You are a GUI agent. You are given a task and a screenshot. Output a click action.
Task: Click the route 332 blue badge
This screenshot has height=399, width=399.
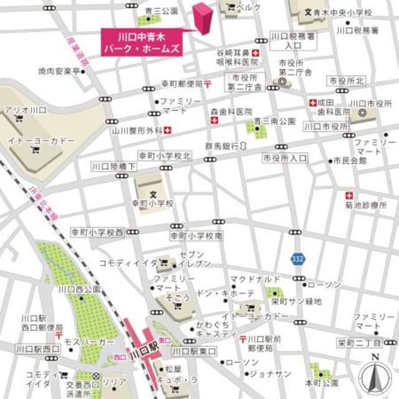[297, 257]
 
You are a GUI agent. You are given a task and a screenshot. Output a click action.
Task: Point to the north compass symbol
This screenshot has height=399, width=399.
[375, 374]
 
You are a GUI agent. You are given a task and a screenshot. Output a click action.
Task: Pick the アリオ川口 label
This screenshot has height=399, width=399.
[26, 110]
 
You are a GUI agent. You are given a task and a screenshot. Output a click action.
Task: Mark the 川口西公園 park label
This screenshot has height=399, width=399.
[79, 289]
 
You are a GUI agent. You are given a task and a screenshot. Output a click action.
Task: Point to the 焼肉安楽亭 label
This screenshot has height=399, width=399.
[59, 72]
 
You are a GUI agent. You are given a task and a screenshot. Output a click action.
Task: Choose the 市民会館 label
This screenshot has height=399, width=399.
[350, 160]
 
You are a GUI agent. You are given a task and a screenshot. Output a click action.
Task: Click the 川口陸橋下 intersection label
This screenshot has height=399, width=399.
[109, 166]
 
